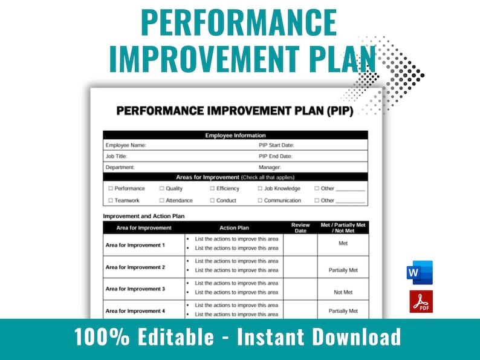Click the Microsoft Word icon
(x=420, y=273)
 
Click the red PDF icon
(x=421, y=301)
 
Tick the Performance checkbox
(x=111, y=189)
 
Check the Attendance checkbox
(x=161, y=200)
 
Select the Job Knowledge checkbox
(x=260, y=189)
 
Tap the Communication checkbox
(x=260, y=200)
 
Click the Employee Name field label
(x=126, y=145)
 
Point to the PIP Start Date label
(x=276, y=145)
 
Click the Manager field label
(x=270, y=167)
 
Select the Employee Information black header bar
(x=235, y=136)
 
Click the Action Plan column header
(x=234, y=228)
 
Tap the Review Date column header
(x=300, y=227)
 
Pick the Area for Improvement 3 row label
(x=135, y=289)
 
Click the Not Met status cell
(x=343, y=292)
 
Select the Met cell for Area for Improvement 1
(x=343, y=243)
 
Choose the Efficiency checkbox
(x=212, y=189)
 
